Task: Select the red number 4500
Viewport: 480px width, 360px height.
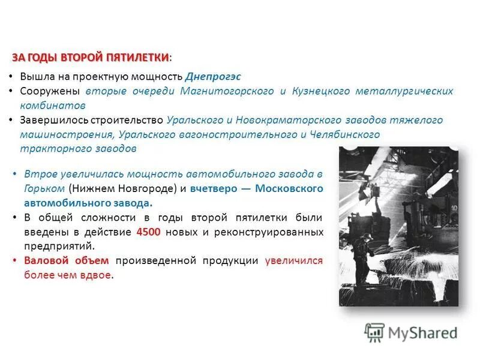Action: click(149, 232)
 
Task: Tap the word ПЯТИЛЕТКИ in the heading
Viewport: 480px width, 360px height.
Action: click(137, 57)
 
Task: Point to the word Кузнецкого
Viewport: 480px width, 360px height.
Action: click(322, 91)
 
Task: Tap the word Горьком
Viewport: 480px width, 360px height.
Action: click(44, 188)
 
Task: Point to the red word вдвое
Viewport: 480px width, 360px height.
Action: click(97, 275)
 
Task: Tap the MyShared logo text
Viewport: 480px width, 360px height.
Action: click(422, 332)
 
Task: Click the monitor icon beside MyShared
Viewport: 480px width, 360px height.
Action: click(374, 332)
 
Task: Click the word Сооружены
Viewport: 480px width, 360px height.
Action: click(50, 91)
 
